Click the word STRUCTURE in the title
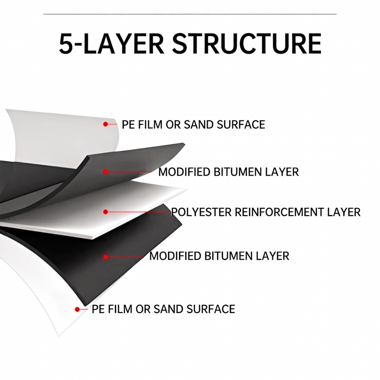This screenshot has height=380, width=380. point(247,44)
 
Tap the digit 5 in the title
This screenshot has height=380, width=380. point(66,44)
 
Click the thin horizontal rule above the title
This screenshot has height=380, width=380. point(190,14)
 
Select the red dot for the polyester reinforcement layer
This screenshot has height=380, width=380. point(105,212)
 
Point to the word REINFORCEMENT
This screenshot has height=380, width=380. point(279,212)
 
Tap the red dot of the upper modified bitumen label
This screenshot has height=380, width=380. point(106,172)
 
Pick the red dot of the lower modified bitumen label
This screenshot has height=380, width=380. point(106,257)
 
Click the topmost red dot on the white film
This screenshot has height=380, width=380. point(105,124)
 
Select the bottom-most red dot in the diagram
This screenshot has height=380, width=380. point(77,309)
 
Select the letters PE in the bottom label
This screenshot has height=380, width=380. point(98,309)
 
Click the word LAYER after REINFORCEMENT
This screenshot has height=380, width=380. point(344,212)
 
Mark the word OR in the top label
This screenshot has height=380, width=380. point(173,125)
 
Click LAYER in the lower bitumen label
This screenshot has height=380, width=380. point(272,256)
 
